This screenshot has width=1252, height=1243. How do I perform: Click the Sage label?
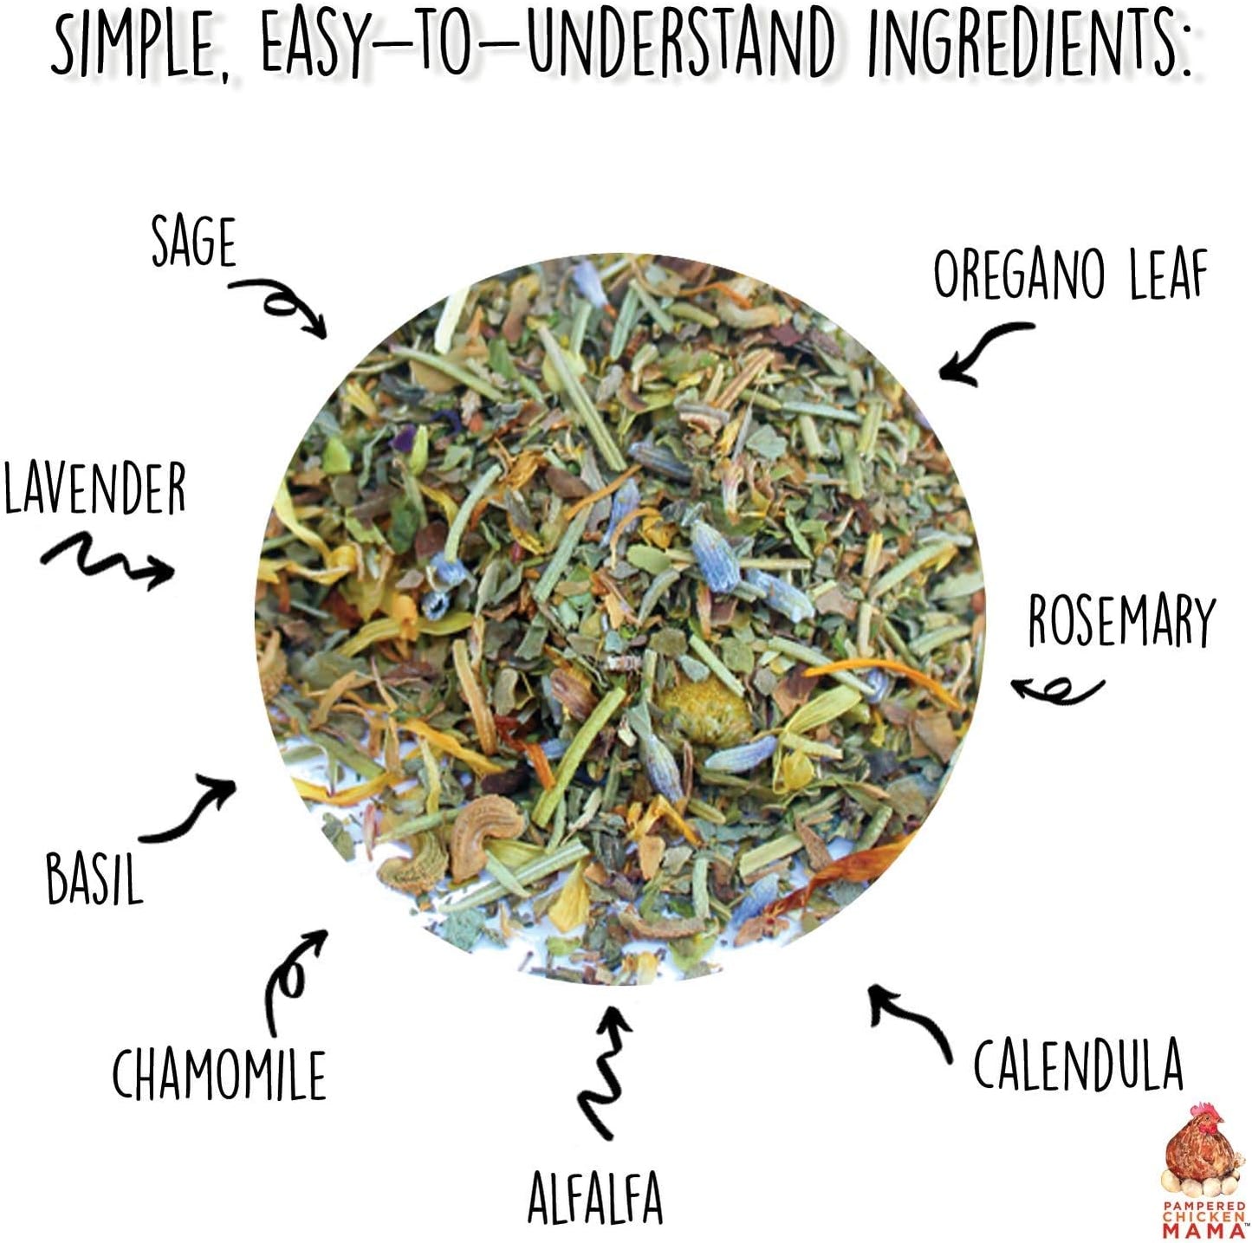pos(193,242)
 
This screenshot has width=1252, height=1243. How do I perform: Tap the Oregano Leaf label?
pos(1070,275)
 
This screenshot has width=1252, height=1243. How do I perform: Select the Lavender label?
pos(94,489)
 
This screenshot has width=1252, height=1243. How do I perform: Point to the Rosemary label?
pos(1121,621)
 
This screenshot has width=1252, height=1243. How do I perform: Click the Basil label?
pos(94,878)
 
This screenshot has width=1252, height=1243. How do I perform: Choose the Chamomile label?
pos(219,1075)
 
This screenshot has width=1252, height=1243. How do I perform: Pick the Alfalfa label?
pos(595,1198)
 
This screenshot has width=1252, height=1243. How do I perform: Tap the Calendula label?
pos(1078,1065)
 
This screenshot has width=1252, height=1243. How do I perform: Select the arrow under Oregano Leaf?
pos(984,352)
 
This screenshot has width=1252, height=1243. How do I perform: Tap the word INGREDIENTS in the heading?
pos(1029,42)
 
